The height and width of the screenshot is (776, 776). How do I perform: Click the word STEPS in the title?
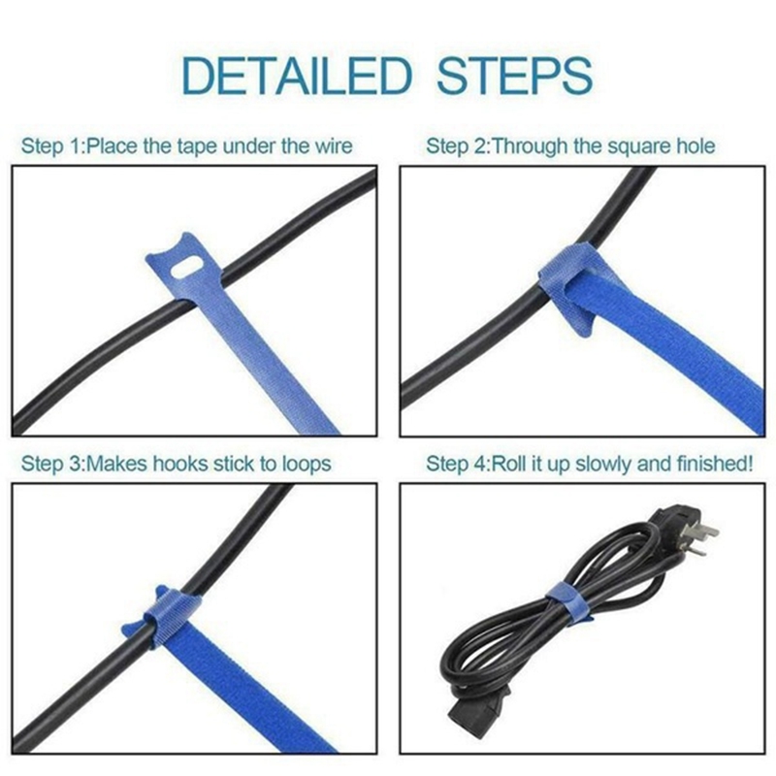click(x=514, y=75)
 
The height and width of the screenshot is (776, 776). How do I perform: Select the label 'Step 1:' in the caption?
click(x=53, y=146)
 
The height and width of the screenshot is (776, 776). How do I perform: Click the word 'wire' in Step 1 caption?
click(x=331, y=146)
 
